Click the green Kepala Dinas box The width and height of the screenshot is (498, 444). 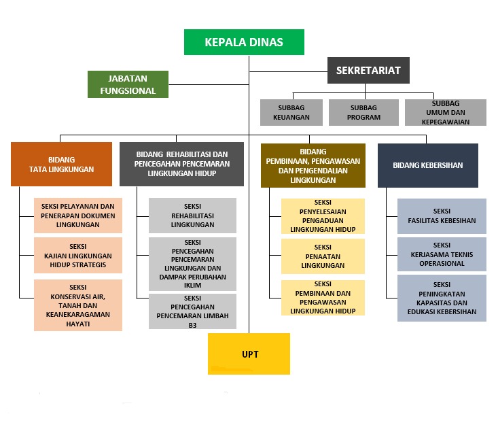coord(244,42)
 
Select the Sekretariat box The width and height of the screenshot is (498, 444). coord(368,70)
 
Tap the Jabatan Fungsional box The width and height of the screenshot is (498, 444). coord(128,84)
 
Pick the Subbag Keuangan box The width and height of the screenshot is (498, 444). coord(291,112)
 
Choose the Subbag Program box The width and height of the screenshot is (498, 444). coord(363,112)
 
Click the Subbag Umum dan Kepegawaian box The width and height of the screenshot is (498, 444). coord(446,112)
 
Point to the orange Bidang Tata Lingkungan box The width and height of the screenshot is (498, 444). coord(61,164)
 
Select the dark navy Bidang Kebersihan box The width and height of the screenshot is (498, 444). coord(428,165)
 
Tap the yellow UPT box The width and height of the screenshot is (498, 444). coord(249,354)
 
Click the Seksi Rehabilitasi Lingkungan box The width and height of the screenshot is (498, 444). coord(192,216)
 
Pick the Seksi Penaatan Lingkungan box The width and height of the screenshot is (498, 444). coord(323,256)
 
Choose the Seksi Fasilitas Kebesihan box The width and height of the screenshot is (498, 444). coord(442,216)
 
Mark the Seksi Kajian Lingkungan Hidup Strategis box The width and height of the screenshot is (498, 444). coord(78,255)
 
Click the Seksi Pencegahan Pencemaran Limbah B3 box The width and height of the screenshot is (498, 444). coord(192,311)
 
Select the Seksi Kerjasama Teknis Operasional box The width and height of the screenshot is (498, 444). coord(442,254)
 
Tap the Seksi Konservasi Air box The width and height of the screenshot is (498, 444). coord(78,305)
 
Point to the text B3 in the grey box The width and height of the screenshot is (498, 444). coord(192,326)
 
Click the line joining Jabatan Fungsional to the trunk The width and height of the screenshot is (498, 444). coord(209,84)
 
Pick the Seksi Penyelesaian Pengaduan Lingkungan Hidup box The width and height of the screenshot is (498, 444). coord(323,216)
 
